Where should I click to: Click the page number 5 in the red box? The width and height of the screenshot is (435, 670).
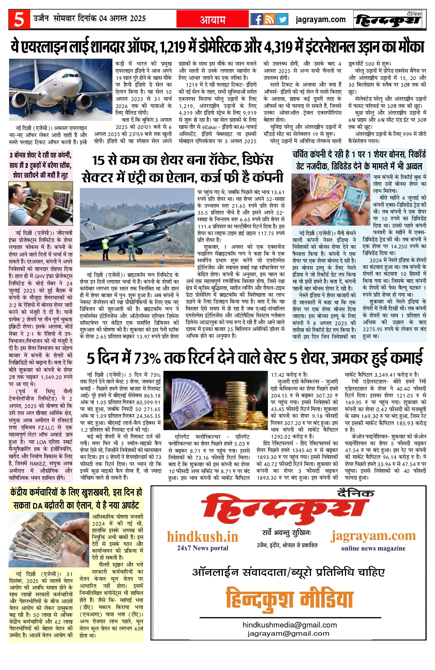[x=19, y=19]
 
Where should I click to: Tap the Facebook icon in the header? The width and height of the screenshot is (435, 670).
[x=256, y=19]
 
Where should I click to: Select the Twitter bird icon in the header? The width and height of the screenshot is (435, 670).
[x=282, y=19]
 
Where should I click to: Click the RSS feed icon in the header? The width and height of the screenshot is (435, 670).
[x=269, y=19]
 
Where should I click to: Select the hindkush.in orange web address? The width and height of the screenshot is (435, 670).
[x=202, y=537]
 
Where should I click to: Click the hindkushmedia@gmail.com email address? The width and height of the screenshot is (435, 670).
[x=289, y=625]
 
